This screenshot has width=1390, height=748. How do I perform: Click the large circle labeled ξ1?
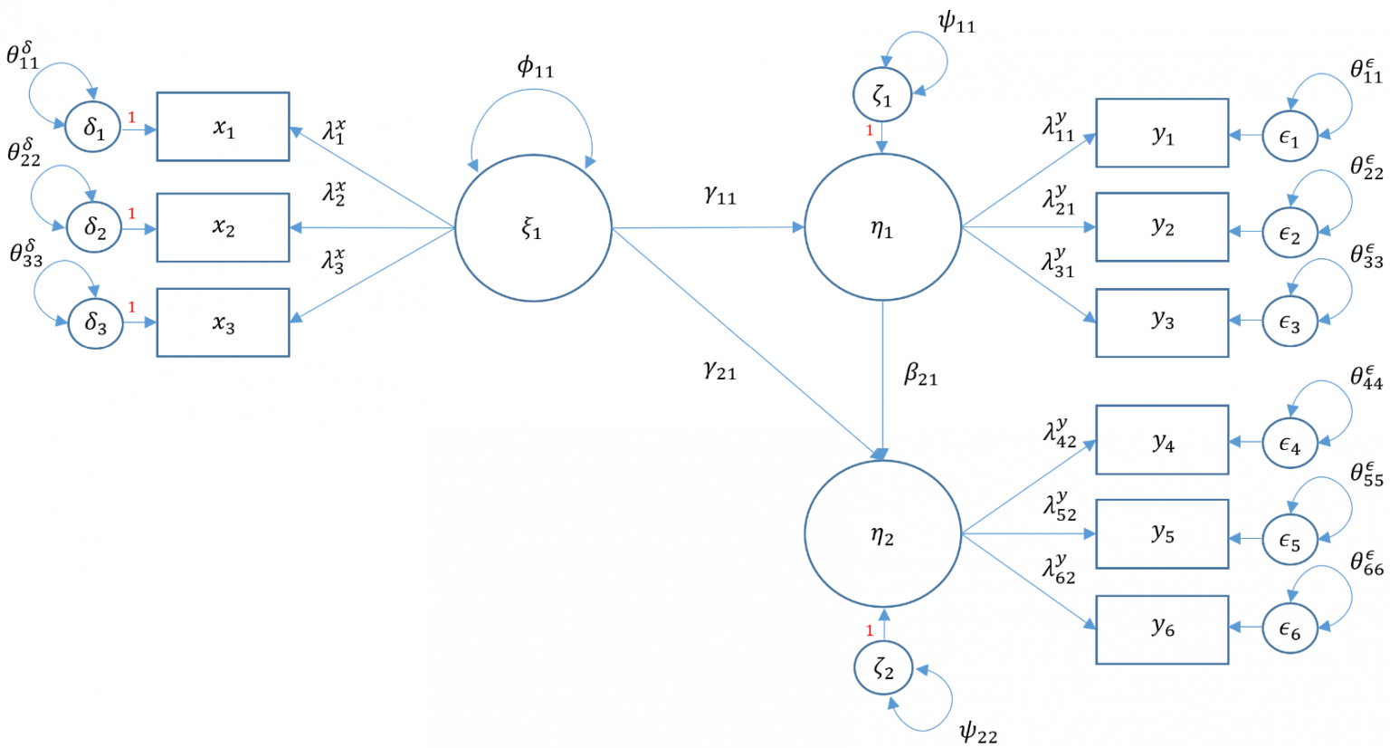[x=533, y=228]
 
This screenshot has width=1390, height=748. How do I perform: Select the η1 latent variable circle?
[x=882, y=228]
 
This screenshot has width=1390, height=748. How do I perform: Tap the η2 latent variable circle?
[x=882, y=534]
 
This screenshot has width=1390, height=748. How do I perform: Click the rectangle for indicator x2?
[x=223, y=227]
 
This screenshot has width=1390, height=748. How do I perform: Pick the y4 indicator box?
[x=1162, y=440]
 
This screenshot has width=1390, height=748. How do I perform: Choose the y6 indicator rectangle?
[x=1162, y=629]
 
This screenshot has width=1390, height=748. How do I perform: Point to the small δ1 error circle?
[x=93, y=129]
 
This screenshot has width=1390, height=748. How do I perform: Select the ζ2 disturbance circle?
[x=883, y=669]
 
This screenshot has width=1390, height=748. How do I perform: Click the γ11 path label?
[x=720, y=194]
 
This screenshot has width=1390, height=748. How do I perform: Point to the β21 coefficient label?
[x=920, y=374]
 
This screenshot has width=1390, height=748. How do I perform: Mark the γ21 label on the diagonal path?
[x=720, y=369]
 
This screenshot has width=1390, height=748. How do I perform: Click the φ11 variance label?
[x=535, y=67]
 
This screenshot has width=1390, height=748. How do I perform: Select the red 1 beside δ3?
[x=131, y=308]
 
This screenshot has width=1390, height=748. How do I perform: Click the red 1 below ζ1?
[x=870, y=130]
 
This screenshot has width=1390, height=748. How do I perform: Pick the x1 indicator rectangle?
[x=223, y=127]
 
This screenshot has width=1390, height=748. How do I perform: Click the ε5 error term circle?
[x=1290, y=541]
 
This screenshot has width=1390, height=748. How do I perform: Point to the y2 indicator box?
[x=1162, y=227]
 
